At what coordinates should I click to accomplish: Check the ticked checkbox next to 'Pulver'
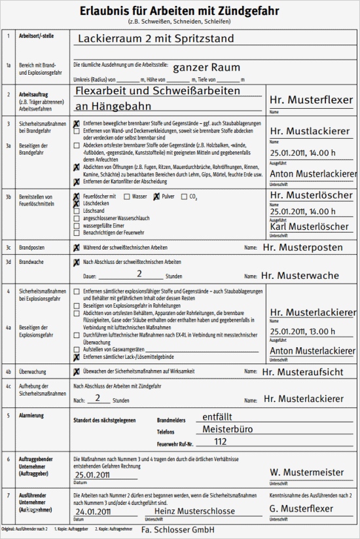156,196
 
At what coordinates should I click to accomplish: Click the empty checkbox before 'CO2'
184,196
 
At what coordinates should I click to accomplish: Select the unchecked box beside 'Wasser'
127,196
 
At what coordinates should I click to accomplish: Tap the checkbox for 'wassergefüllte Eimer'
77,225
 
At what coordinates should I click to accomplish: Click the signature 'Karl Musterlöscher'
309,227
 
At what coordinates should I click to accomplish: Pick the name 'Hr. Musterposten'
302,248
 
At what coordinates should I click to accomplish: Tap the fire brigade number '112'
221,441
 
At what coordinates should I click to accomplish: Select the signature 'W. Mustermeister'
306,472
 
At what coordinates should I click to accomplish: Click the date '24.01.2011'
96,512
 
